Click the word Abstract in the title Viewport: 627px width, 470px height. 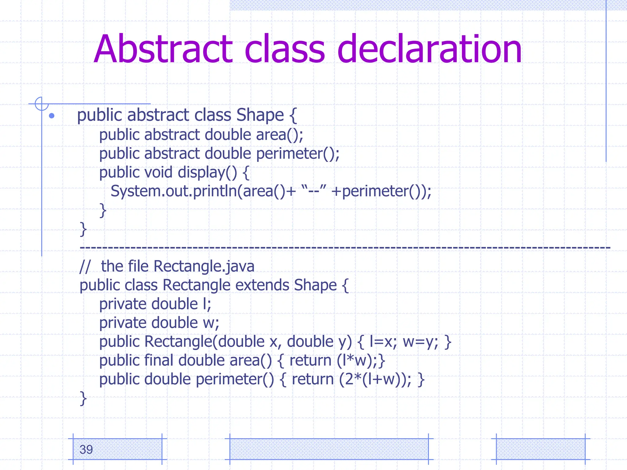[x=163, y=50]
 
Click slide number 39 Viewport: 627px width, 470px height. [x=86, y=449]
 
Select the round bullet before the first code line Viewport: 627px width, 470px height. [x=52, y=116]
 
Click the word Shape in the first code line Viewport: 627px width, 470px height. [x=260, y=115]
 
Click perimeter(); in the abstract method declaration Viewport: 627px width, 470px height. [x=298, y=154]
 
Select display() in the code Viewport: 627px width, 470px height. [x=207, y=173]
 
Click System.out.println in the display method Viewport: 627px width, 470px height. [x=174, y=191]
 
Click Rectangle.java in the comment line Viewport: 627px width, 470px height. [x=204, y=267]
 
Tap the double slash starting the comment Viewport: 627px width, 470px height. [x=85, y=267]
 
